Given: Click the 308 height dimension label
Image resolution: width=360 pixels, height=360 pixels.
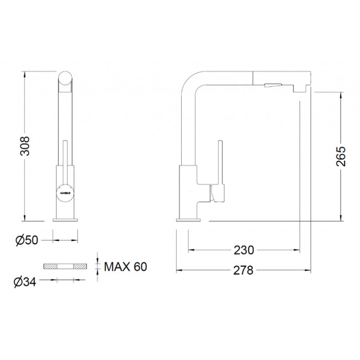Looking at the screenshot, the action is pos(25,146).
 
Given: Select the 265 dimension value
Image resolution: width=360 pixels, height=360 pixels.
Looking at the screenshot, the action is pos(341,156).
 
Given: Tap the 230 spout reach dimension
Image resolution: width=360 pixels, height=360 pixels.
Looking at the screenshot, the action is pos(244,250).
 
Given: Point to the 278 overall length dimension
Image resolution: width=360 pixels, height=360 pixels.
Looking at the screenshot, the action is pos(243,270).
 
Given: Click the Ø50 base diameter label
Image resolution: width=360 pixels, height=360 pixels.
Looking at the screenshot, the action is pos(27,240).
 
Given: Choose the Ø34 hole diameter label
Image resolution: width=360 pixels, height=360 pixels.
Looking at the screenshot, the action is pos(25,282).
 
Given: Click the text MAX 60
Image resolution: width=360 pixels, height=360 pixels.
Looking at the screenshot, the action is pos(125,267).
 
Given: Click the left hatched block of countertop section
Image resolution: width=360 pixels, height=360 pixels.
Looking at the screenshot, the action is pos(50,266).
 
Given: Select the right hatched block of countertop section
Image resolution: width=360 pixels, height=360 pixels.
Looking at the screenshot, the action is pos(80,266).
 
